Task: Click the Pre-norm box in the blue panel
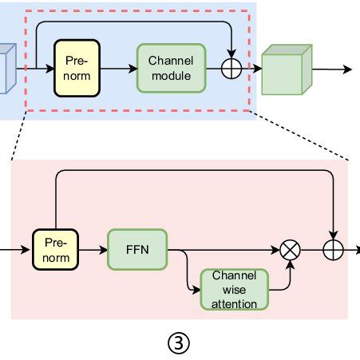tap(77, 68)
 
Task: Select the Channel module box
tap(172, 69)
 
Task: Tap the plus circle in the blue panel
tap(231, 69)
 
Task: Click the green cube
tap(287, 69)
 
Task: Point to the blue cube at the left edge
tap(7, 69)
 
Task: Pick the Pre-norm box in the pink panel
tap(55, 250)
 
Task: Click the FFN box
tap(137, 250)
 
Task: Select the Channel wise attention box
tap(234, 290)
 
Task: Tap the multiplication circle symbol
tap(290, 250)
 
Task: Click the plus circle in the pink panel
tap(333, 250)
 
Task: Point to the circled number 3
tap(179, 343)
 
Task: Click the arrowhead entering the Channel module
tap(133, 69)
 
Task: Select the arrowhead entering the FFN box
tap(103, 250)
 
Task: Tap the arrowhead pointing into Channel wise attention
tap(196, 290)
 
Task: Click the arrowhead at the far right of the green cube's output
tap(347, 69)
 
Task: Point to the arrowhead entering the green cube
tap(258, 69)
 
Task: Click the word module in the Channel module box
tap(172, 76)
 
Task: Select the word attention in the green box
tap(234, 304)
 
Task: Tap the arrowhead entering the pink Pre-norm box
tap(26, 250)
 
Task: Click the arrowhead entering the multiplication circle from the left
tap(275, 250)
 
